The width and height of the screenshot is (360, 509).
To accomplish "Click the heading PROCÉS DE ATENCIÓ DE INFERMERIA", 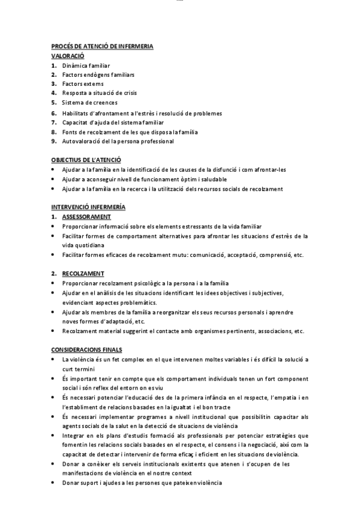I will point(102,46).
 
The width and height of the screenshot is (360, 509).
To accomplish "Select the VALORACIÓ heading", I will point(68,55).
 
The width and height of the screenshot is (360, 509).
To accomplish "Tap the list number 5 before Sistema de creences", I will point(54,103).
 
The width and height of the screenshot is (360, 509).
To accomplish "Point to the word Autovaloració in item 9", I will point(82,141).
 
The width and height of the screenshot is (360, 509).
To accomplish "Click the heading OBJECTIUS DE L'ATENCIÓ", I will point(86,160).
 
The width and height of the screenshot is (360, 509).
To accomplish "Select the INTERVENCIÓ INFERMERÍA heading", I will point(88,207).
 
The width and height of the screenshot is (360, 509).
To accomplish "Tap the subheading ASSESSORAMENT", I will point(86,216).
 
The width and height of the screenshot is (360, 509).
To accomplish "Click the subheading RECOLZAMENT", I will point(83,273).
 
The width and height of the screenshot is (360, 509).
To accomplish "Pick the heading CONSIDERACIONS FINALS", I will point(87,349).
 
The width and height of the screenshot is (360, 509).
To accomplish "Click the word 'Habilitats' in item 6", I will point(76,113).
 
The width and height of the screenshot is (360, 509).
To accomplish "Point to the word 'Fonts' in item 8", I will point(70,131).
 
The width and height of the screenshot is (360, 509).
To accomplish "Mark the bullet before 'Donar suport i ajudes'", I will point(54,483).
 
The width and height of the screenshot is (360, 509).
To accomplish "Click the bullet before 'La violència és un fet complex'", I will point(54,359).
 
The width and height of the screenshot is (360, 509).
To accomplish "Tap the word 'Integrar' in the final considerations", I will point(73,435).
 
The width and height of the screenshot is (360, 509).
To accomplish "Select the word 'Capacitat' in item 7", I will point(76,122).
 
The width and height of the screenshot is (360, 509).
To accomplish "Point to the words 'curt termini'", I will point(76,369).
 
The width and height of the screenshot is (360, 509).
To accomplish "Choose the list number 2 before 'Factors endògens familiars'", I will point(54,74).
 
